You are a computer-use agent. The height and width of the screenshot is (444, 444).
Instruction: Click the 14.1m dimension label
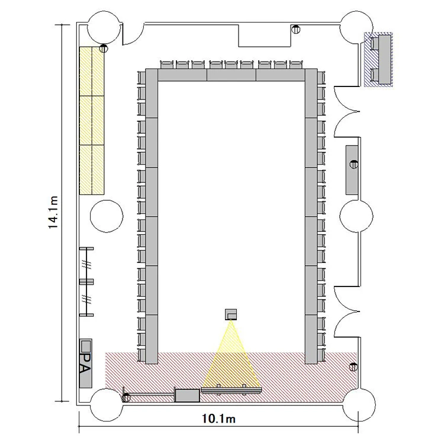[53, 212]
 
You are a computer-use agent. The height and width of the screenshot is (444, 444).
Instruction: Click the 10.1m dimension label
[218, 418]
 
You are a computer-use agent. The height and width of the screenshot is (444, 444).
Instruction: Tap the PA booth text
[86, 363]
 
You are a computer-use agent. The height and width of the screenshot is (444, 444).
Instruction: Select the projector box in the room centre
[231, 314]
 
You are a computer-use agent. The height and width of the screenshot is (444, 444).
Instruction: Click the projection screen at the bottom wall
[231, 391]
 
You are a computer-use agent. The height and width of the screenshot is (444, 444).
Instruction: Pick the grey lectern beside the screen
[187, 395]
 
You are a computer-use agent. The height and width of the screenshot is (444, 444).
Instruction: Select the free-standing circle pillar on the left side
[107, 216]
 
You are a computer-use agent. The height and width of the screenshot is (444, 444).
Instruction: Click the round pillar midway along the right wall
[356, 216]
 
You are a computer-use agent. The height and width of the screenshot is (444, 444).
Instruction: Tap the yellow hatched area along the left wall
[92, 121]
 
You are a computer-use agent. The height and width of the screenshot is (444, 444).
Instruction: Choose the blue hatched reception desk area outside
[378, 59]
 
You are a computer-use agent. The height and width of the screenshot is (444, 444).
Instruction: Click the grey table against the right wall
[352, 170]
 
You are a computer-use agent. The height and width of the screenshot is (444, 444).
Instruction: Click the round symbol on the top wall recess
[295, 29]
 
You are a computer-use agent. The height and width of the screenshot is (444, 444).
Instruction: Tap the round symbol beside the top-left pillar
[104, 49]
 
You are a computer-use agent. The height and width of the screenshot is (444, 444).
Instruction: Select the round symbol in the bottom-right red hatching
[353, 367]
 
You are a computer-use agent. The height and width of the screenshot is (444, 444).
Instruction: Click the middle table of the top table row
[231, 75]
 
